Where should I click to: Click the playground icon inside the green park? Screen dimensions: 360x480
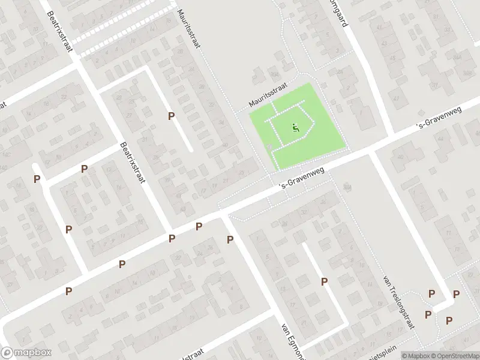295,127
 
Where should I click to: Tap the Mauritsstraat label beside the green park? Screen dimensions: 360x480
269,96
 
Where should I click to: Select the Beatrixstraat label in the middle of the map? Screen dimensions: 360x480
133,163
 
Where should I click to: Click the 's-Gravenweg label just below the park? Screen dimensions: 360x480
302,178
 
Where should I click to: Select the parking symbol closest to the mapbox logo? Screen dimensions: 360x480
69,291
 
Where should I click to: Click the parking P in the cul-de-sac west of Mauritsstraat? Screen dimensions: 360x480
172,116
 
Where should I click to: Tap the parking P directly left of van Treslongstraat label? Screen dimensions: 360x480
325,281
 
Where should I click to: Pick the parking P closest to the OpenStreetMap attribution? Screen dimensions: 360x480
449,320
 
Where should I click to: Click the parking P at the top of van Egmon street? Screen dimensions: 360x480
230,240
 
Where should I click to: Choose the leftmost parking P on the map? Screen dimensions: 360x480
37,179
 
